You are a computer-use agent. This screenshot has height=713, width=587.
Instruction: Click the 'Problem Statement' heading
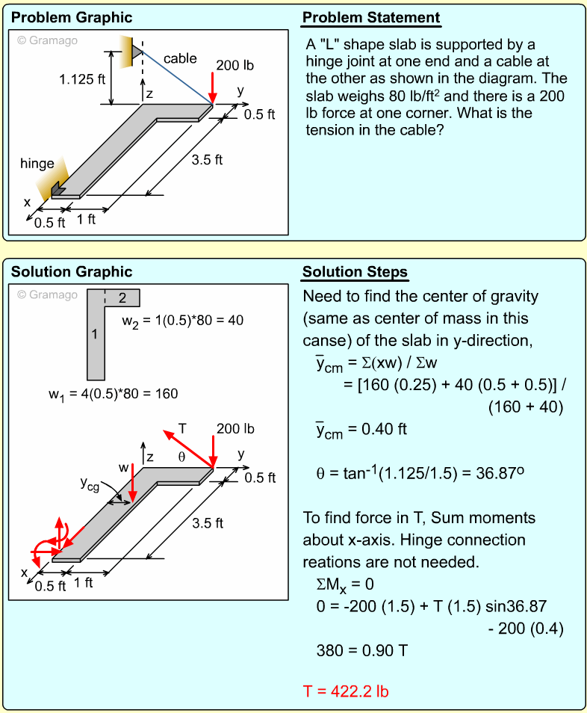pos(371,18)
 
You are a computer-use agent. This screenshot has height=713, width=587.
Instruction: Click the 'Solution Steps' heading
pos(355,271)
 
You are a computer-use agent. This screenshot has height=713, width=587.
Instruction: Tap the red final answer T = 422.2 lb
pos(346,691)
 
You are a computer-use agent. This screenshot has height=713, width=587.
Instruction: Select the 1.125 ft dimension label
pos(82,79)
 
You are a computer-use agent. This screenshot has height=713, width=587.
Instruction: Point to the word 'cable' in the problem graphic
pos(180,58)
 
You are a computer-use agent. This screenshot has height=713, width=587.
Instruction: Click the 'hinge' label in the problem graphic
pos(37,164)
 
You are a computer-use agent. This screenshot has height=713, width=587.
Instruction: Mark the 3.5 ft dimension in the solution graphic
pos(208,523)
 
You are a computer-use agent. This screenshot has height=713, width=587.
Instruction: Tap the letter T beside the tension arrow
pos(181,429)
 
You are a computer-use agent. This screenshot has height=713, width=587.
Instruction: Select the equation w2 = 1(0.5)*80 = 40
pos(182,321)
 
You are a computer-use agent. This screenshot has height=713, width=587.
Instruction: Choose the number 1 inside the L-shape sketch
pos(95,335)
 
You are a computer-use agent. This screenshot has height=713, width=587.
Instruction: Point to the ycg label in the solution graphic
pos(90,484)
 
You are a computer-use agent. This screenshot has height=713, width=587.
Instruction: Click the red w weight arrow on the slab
pos(133,482)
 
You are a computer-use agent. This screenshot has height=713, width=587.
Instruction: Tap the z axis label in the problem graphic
pos(149,94)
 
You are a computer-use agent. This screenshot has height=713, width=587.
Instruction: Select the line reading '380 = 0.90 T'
pos(362,650)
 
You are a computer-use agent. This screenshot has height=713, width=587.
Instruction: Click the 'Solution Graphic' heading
pos(72,271)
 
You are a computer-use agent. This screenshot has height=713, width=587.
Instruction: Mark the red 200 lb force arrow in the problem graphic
pos(213,87)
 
